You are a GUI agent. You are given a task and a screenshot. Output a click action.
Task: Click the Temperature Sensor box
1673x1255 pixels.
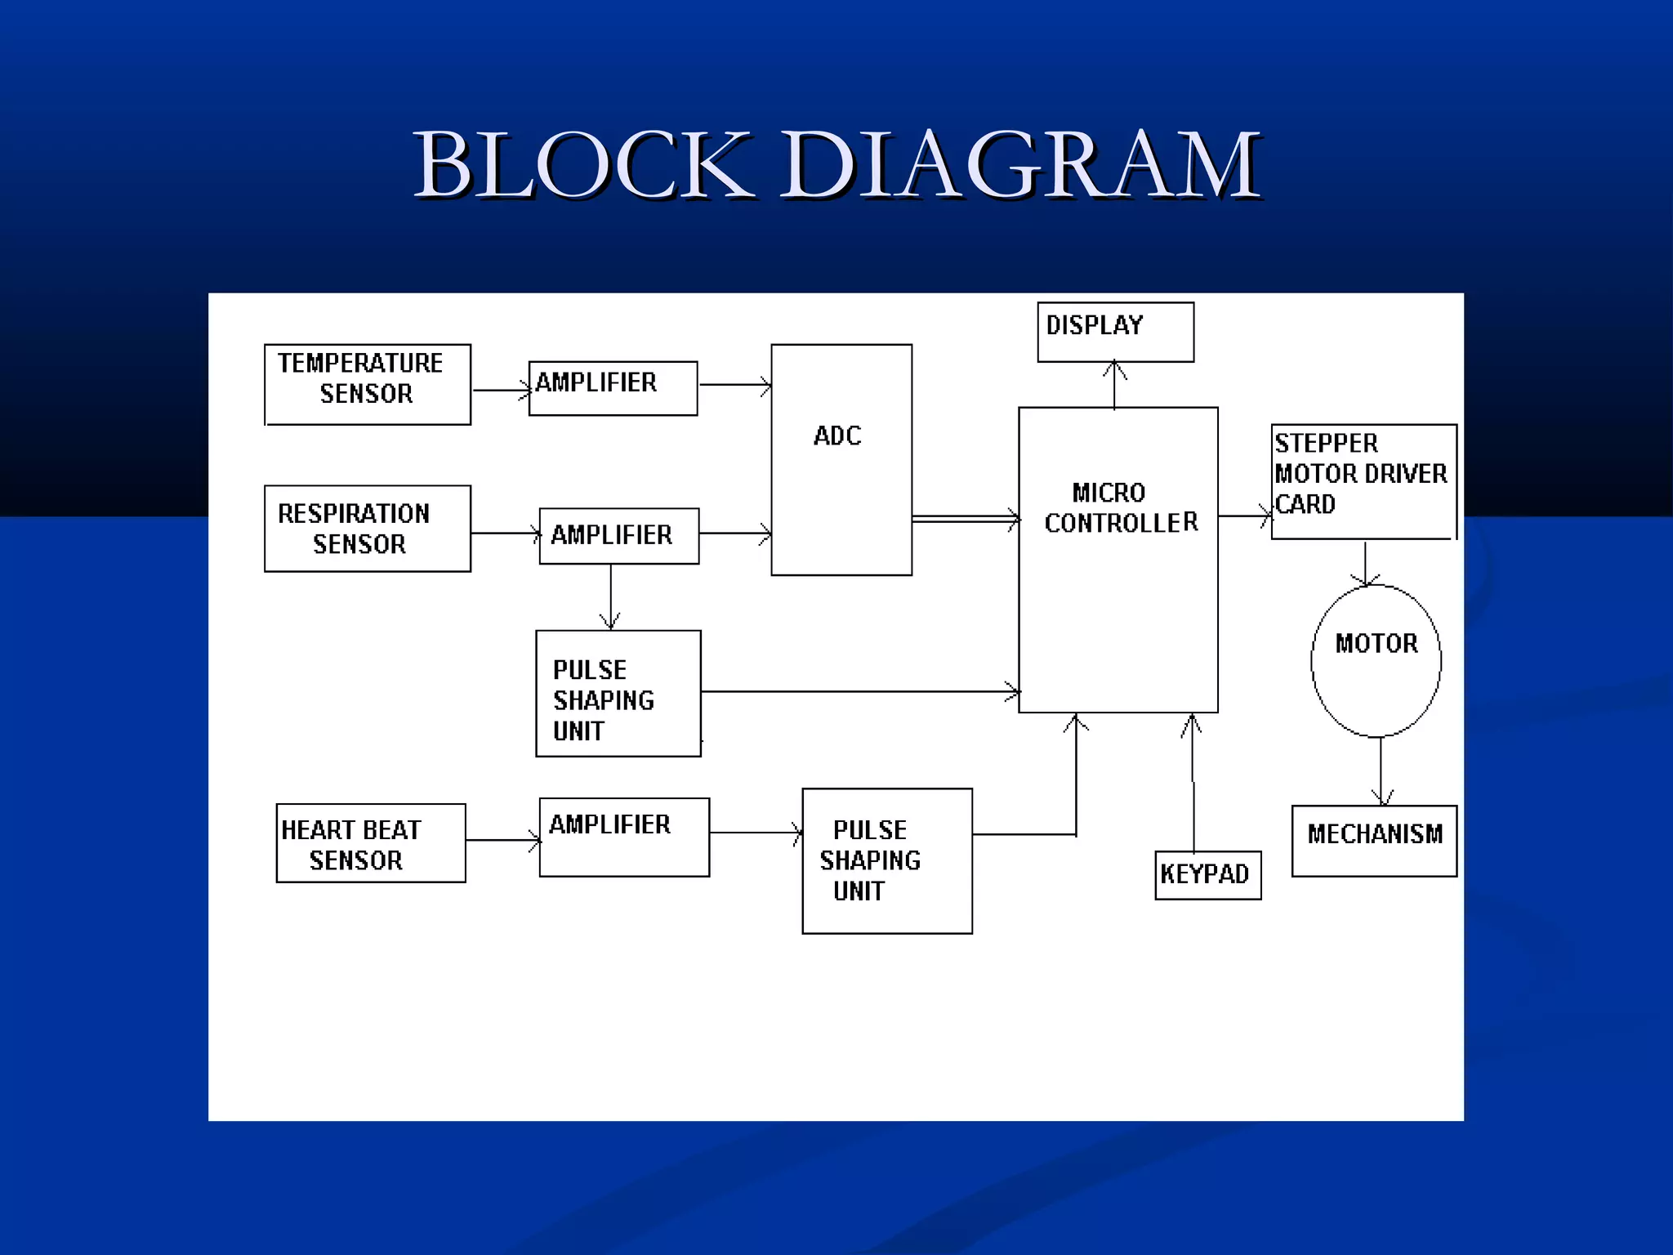[x=367, y=384]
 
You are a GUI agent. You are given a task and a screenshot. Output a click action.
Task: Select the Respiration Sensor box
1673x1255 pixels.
[x=367, y=529]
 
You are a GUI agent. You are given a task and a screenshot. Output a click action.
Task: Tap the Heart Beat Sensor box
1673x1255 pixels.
[x=371, y=843]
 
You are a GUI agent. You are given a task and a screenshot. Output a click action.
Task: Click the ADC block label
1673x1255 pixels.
[x=837, y=436]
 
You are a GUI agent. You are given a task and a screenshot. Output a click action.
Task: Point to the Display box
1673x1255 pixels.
[x=1115, y=332]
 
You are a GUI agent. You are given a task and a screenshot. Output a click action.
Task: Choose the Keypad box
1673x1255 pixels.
[x=1207, y=875]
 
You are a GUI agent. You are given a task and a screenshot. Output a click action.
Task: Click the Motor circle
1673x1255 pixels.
[x=1376, y=660]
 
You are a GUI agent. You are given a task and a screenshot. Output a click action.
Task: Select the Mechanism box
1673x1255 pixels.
[x=1374, y=841]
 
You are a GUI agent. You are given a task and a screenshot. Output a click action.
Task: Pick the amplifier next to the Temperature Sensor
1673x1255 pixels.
[x=613, y=388]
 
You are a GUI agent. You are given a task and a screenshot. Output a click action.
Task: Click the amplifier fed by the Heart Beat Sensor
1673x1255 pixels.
[x=624, y=837]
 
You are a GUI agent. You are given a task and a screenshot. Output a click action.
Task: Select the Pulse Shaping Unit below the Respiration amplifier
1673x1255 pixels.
[x=618, y=693]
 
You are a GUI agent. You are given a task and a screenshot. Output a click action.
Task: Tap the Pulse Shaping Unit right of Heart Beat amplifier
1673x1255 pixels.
[x=887, y=860]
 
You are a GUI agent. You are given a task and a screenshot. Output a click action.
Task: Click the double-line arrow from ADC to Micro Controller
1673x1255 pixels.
[x=966, y=518]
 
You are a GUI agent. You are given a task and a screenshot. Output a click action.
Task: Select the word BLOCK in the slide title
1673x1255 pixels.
[x=585, y=165]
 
